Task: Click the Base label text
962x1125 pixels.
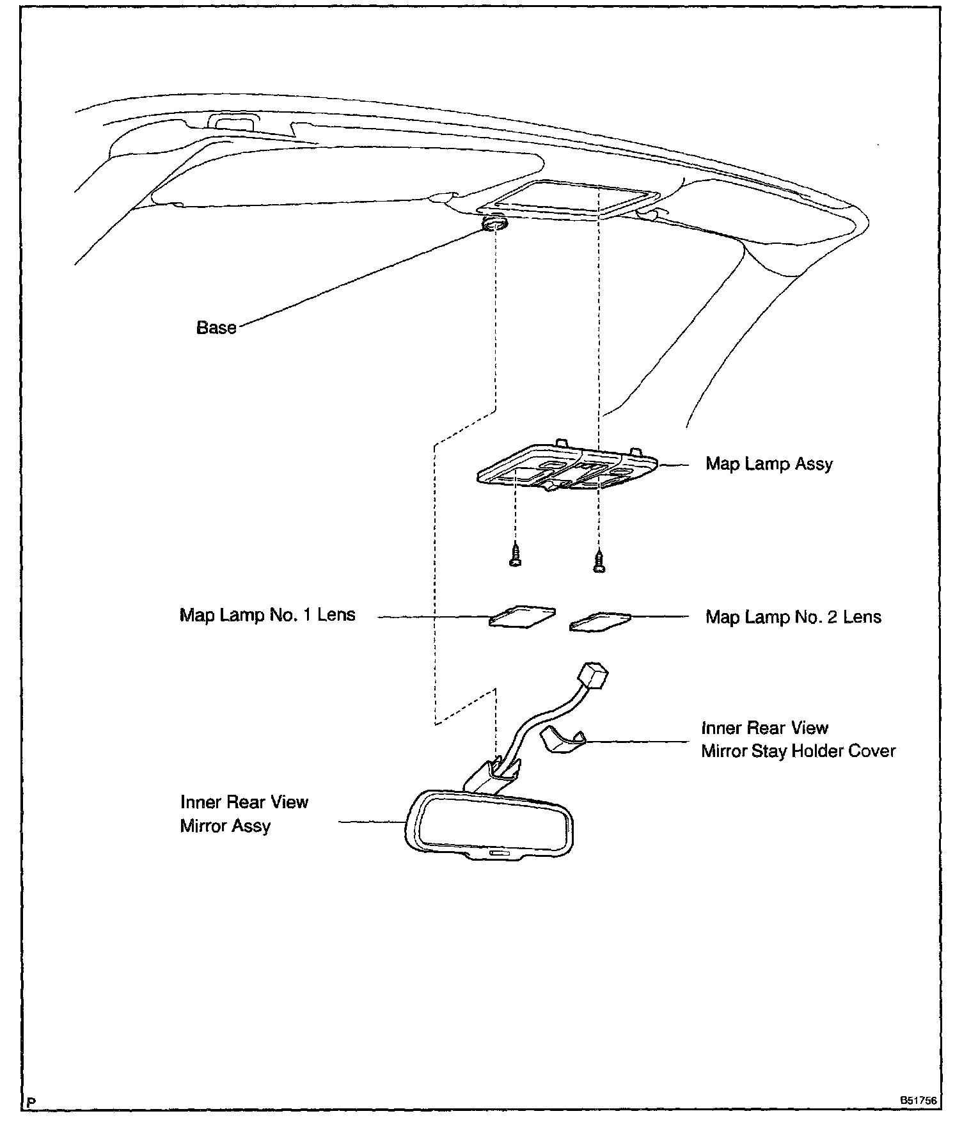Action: point(216,328)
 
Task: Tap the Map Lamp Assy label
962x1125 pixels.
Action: point(769,463)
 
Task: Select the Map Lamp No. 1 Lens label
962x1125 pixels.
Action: point(267,615)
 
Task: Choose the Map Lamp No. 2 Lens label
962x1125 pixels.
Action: point(793,617)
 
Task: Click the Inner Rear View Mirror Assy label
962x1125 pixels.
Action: point(244,814)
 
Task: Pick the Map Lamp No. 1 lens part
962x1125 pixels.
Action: point(522,616)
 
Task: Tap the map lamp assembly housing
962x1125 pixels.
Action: point(567,471)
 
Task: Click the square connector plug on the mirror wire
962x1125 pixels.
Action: point(592,675)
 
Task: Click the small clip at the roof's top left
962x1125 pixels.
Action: point(232,122)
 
